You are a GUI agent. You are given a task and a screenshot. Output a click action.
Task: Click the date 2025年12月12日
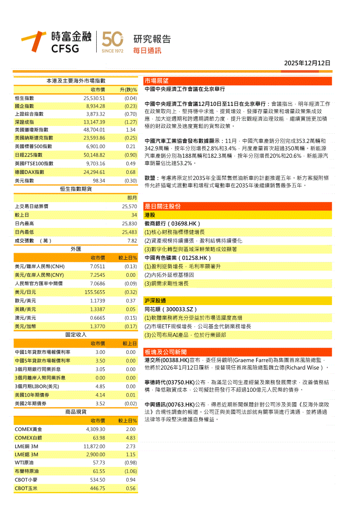[x=307, y=63]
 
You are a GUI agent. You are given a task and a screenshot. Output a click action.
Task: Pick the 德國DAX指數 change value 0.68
[x=130, y=172]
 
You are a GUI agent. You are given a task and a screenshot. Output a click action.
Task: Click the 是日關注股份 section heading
[x=162, y=206]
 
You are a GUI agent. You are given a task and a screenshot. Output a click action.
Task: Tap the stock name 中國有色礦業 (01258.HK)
[x=178, y=258]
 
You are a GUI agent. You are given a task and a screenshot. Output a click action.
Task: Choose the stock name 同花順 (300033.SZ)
[x=171, y=309]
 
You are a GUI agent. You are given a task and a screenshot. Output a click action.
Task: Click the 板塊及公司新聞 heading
[x=166, y=352]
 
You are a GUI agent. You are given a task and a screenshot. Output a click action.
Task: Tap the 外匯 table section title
[x=76, y=249]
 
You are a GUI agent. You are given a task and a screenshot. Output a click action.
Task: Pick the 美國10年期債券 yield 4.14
[x=100, y=395]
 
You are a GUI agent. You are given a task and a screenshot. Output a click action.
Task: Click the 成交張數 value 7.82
[x=132, y=241]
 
